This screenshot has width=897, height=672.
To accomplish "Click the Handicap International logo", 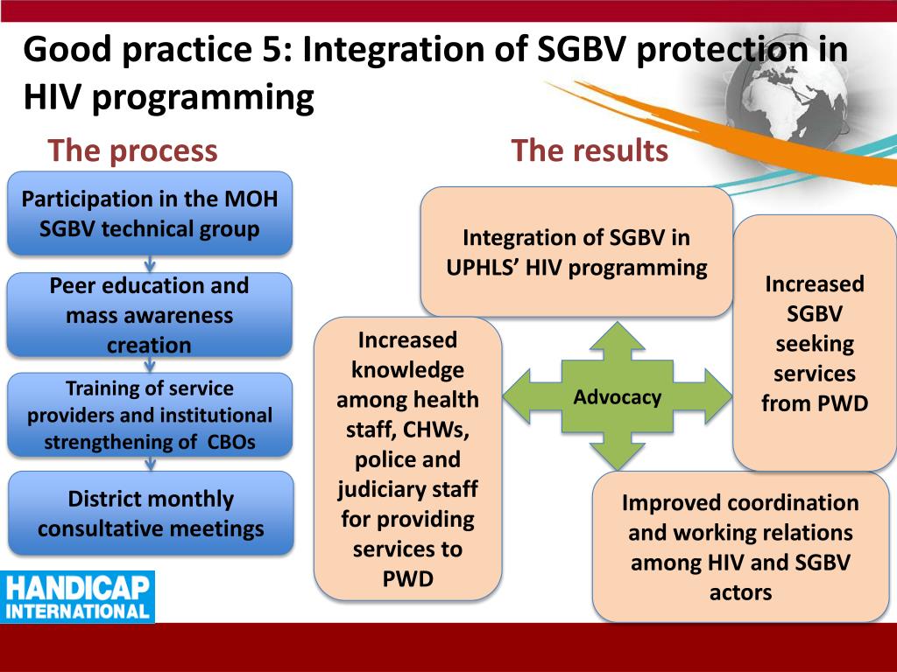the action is (x=77, y=597).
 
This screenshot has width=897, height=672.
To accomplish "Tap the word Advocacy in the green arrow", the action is (x=618, y=396).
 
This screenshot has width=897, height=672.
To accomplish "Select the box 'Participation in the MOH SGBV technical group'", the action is (x=150, y=213).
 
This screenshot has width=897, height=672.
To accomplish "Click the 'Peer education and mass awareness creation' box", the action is (x=149, y=315).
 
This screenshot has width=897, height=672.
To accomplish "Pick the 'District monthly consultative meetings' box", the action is (x=151, y=513).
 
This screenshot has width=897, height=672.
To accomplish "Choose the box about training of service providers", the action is (x=150, y=415).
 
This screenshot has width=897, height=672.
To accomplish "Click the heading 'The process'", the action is (x=133, y=150).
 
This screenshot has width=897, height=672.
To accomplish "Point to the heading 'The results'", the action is (x=590, y=150).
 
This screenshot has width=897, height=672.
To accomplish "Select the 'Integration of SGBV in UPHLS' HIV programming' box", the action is (x=576, y=252).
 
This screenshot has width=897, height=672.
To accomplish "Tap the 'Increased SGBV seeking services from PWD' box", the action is (x=815, y=343).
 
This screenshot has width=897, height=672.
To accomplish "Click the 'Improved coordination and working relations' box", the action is (x=740, y=547).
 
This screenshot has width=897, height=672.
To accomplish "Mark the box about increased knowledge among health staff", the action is (x=408, y=458).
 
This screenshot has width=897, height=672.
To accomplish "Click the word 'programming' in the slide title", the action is (x=202, y=98).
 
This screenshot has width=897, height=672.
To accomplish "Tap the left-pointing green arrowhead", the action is (x=517, y=396).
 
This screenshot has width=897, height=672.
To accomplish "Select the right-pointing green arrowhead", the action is (x=718, y=396).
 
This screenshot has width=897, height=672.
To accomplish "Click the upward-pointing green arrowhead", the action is (x=618, y=335).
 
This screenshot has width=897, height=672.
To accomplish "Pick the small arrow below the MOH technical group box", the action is (x=150, y=264).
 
